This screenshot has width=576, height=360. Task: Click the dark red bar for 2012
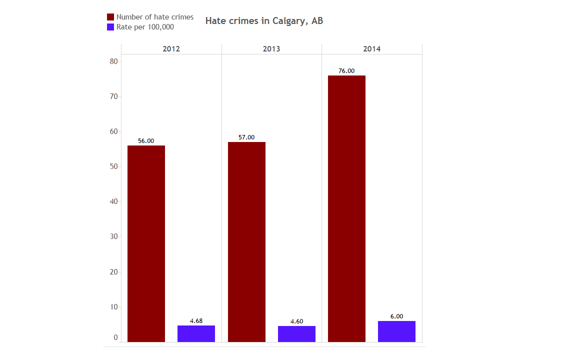click(146, 243)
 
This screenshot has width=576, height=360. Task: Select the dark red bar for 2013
click(246, 242)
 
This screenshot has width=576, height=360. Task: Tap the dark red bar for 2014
click(346, 208)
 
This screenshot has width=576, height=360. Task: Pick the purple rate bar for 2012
click(196, 333)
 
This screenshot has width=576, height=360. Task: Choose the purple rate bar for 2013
click(296, 334)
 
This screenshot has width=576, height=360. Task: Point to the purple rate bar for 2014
click(396, 331)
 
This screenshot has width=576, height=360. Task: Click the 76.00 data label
click(346, 71)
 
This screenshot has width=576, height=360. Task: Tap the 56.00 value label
click(146, 141)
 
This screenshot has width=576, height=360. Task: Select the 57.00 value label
click(246, 137)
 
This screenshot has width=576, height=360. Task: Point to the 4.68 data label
click(196, 321)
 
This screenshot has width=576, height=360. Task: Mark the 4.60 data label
click(296, 321)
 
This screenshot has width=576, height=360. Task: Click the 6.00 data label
click(396, 316)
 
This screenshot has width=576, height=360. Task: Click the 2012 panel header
click(171, 49)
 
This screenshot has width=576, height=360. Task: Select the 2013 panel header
click(271, 49)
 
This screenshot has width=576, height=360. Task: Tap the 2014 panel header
click(371, 49)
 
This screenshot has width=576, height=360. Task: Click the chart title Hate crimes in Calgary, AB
click(264, 21)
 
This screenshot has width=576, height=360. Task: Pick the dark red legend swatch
click(111, 17)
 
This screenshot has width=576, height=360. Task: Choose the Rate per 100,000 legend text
click(145, 27)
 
